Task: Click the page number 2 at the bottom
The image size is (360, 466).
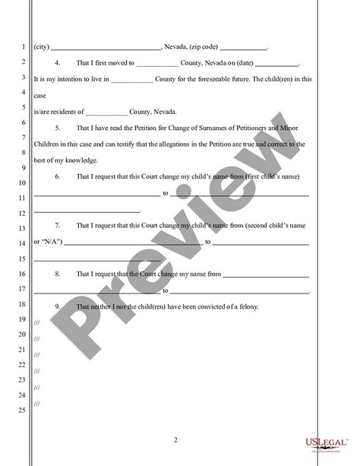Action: pyautogui.click(x=175, y=439)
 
